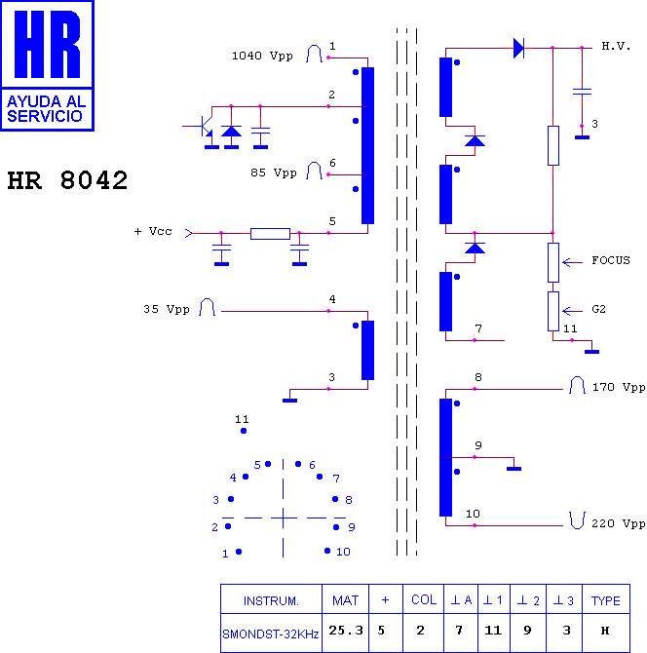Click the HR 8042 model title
67,180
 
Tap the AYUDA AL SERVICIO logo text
46,109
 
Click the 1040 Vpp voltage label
262,56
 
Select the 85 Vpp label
274,173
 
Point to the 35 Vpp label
167,309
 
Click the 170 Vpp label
619,387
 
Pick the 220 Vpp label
619,523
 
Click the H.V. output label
616,46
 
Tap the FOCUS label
611,260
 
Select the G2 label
598,309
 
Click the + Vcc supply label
153,232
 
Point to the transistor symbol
204,127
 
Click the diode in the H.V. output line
518,49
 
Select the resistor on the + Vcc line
270,234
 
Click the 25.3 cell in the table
346,631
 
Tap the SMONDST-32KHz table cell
271,634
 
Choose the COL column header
424,599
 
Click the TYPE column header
606,600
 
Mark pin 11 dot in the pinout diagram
244,431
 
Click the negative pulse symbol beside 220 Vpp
577,520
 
